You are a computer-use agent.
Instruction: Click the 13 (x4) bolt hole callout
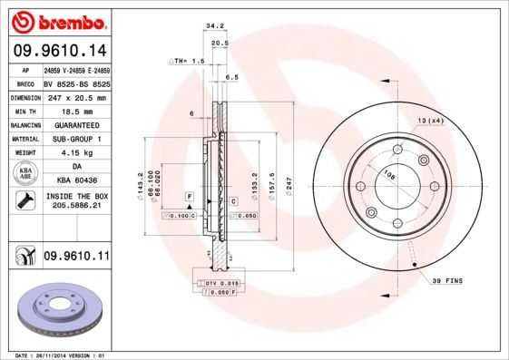coord(429,119)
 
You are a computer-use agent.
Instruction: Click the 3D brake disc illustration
coord(57,310)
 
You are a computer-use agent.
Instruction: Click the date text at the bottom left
coord(54,355)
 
